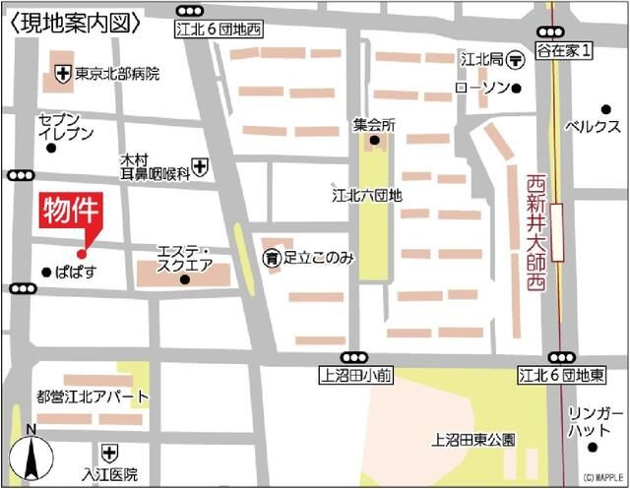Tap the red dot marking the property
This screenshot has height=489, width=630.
click(x=82, y=253)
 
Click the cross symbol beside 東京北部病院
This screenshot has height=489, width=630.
click(x=62, y=73)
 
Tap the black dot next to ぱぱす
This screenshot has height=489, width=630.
click(x=46, y=272)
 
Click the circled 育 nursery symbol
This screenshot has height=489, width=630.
click(x=271, y=258)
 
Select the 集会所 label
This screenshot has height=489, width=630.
click(x=374, y=126)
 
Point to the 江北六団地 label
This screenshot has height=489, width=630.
click(x=366, y=195)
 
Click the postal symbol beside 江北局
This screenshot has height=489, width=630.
click(x=517, y=60)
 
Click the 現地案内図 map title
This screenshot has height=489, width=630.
click(x=73, y=20)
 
